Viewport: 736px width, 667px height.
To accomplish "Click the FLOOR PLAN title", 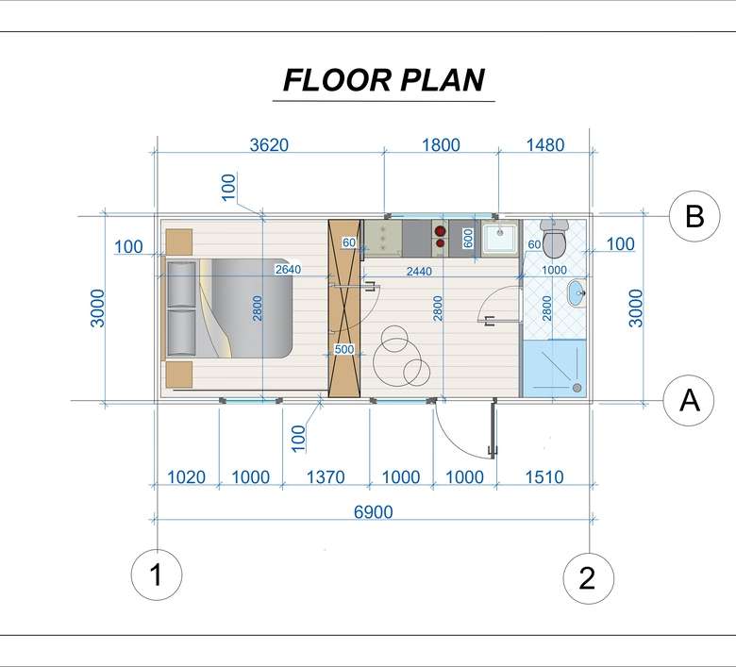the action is pyautogui.click(x=384, y=80).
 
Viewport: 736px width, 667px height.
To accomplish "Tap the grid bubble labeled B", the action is pyautogui.click(x=694, y=216).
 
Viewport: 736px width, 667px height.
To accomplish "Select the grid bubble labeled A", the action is pyautogui.click(x=689, y=400).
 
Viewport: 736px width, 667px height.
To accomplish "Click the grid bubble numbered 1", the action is pyautogui.click(x=157, y=575).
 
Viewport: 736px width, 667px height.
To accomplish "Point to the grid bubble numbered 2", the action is pyautogui.click(x=588, y=578).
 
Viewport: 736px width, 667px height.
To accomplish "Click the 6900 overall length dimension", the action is pyautogui.click(x=373, y=511).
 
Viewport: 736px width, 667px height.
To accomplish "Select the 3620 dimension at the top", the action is pyautogui.click(x=269, y=145).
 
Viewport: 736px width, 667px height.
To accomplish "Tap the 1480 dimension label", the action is pyautogui.click(x=545, y=145).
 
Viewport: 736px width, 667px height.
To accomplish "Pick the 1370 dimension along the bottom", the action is pyautogui.click(x=326, y=476).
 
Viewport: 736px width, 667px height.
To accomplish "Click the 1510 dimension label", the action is pyautogui.click(x=544, y=476).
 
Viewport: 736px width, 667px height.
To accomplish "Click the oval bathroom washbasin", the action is pyautogui.click(x=577, y=293).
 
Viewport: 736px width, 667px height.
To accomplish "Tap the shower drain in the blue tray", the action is pyautogui.click(x=577, y=388).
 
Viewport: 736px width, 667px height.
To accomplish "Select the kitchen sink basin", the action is pyautogui.click(x=500, y=238).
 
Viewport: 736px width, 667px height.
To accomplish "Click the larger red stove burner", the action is pyautogui.click(x=440, y=231).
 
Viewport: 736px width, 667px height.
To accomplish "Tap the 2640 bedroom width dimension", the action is pyautogui.click(x=288, y=270).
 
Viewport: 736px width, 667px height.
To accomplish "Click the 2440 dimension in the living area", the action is pyautogui.click(x=419, y=271).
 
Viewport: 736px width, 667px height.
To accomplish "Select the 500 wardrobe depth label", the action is pyautogui.click(x=344, y=349).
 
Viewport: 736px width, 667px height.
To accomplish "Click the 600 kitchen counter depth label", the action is pyautogui.click(x=468, y=238).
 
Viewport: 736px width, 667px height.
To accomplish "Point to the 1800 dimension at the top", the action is pyautogui.click(x=441, y=145).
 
